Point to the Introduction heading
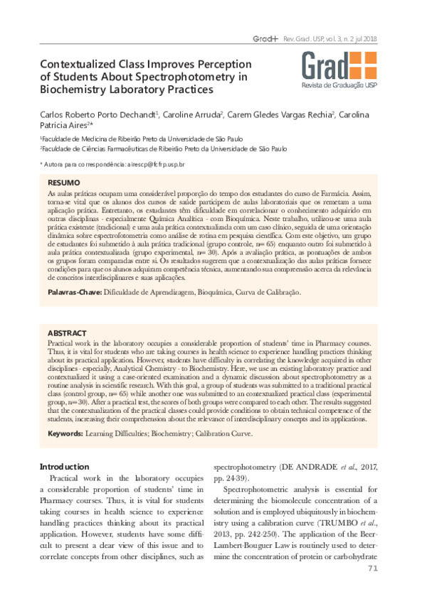65,466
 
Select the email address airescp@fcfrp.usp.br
156,164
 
